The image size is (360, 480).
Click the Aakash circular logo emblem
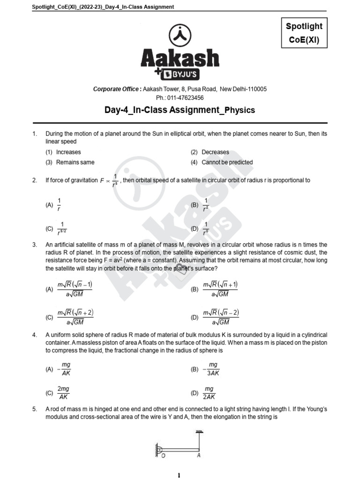point(180,36)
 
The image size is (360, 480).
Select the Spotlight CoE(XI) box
point(304,33)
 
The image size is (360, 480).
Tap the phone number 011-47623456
point(180,97)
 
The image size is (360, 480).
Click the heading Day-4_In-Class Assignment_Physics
point(180,110)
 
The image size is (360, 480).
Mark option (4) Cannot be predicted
point(222,162)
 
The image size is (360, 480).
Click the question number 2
point(35,180)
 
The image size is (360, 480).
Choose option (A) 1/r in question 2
point(54,205)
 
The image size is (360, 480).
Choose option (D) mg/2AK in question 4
point(204,393)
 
